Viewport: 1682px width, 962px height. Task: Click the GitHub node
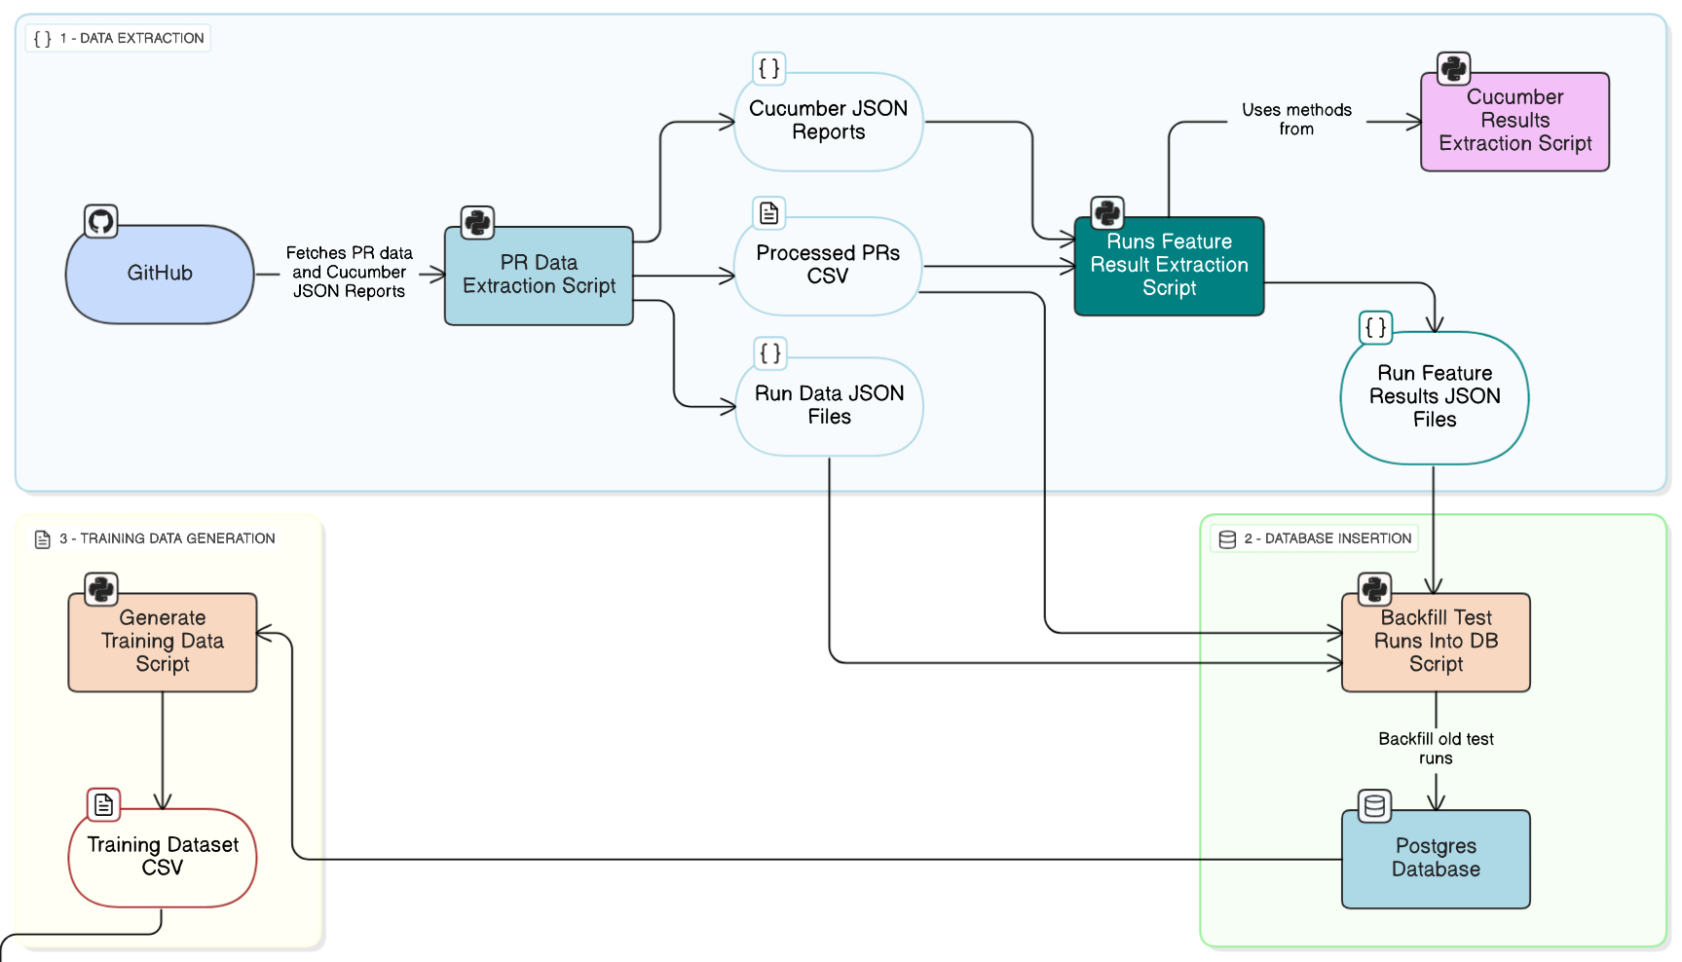point(160,275)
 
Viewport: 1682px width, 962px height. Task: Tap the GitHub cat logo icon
point(101,221)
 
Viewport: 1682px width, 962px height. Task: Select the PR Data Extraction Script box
point(539,276)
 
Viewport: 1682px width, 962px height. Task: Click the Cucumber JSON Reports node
point(828,122)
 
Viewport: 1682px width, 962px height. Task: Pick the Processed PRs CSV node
point(828,266)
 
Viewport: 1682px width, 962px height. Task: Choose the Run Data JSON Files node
point(829,406)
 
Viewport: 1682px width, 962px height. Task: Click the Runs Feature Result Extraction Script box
point(1169,266)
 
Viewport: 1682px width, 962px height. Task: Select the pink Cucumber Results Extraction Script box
point(1514,122)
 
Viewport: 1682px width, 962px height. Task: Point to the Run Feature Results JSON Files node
point(1434,397)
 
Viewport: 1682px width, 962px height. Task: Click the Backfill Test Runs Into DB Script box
point(1436,642)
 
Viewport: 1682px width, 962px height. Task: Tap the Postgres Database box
point(1436,859)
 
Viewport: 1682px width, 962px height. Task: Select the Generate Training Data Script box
point(163,642)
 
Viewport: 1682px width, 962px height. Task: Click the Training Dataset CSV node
point(163,857)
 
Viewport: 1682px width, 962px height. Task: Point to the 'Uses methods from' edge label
point(1296,120)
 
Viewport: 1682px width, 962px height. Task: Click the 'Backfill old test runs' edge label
point(1436,749)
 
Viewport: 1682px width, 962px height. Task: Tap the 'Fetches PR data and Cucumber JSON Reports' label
point(349,273)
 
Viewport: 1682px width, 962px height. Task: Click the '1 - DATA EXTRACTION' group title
point(131,39)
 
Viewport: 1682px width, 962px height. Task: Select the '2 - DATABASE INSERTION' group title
point(1327,538)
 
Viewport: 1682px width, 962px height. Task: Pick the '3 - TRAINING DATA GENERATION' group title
point(167,538)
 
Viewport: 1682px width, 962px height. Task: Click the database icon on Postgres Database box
point(1374,806)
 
